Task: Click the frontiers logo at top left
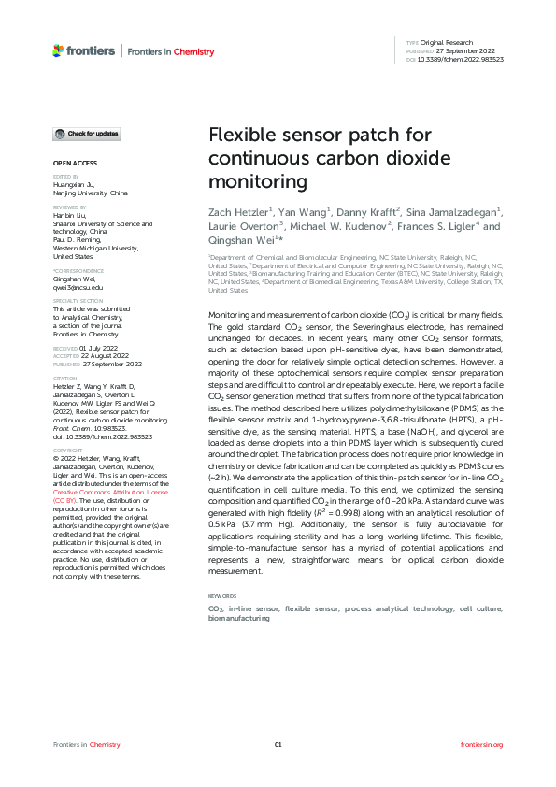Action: (x=84, y=51)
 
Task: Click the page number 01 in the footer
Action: (x=278, y=744)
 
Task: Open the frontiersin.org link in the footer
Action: (x=482, y=744)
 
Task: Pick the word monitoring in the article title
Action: (x=251, y=180)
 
